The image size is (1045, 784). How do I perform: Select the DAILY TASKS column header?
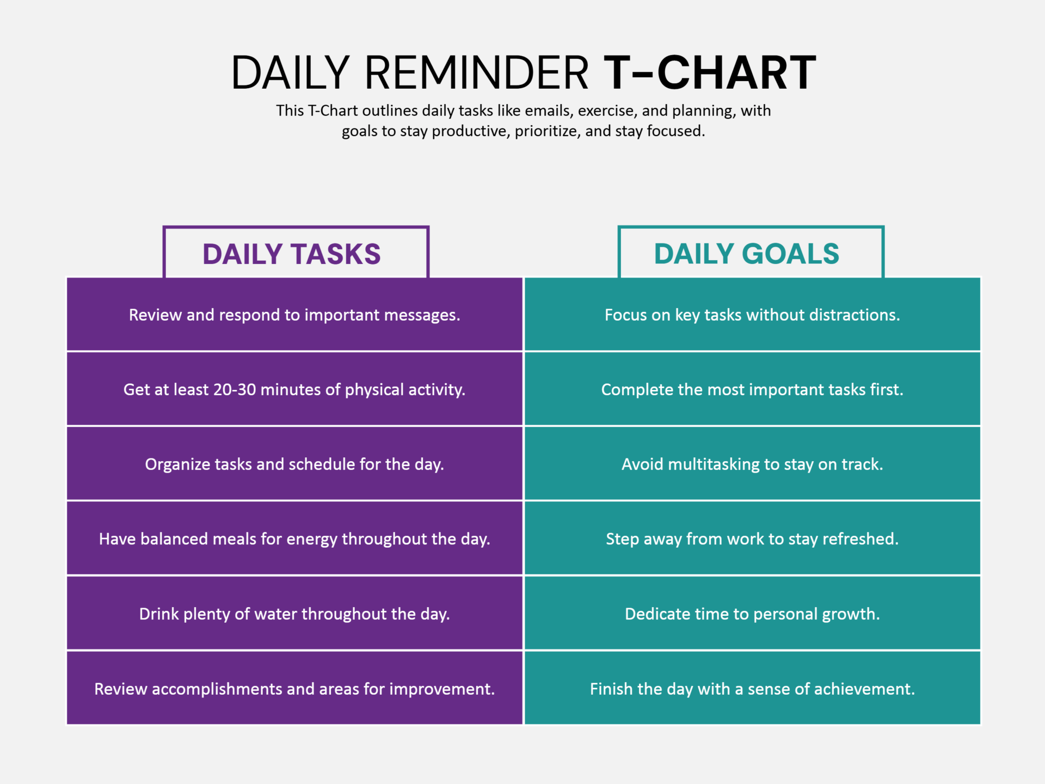coord(292,254)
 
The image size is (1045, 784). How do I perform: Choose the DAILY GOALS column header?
coord(747,254)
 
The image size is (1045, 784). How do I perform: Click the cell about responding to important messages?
coord(294,315)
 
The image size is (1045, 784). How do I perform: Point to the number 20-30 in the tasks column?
coord(234,390)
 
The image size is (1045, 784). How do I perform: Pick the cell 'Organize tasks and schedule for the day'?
coord(294,464)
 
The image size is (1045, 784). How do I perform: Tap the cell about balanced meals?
coord(294,539)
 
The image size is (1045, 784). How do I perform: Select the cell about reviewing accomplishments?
coord(294,689)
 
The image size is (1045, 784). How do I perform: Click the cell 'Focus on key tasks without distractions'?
coord(752,315)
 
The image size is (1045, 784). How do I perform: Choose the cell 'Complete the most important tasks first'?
coord(752,390)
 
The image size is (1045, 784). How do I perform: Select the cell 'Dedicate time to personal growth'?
coord(752,614)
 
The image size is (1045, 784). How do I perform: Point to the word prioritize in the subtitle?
coord(547,131)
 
